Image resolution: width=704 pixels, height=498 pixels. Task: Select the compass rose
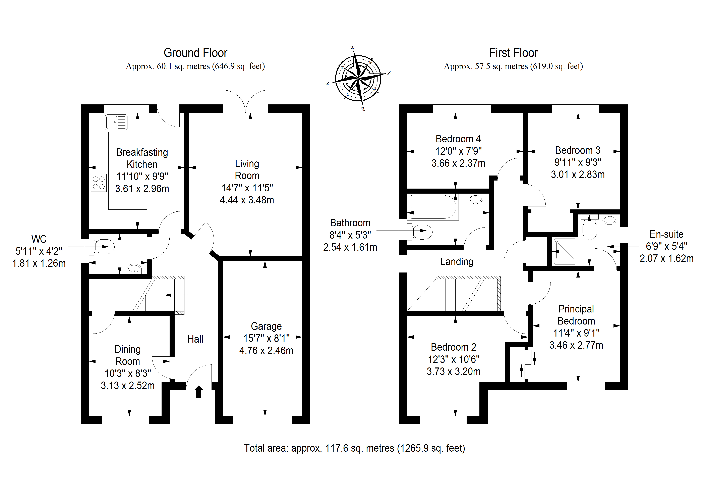pyautogui.click(x=358, y=79)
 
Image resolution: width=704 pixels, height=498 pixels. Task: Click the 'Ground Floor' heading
pyautogui.click(x=195, y=53)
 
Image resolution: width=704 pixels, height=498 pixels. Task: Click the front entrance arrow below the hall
pyautogui.click(x=199, y=392)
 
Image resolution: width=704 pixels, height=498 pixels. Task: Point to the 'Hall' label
pyautogui.click(x=195, y=339)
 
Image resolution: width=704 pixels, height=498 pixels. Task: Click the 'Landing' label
pyautogui.click(x=457, y=261)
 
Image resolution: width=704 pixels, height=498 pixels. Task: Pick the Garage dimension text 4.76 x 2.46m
pyautogui.click(x=266, y=350)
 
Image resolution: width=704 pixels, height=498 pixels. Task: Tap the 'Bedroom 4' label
pyautogui.click(x=458, y=139)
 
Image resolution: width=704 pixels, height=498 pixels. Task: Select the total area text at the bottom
pyautogui.click(x=354, y=448)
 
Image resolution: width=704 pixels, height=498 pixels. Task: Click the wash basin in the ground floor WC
pyautogui.click(x=134, y=269)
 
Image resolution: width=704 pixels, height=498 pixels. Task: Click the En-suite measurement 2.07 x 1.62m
pyautogui.click(x=666, y=258)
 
